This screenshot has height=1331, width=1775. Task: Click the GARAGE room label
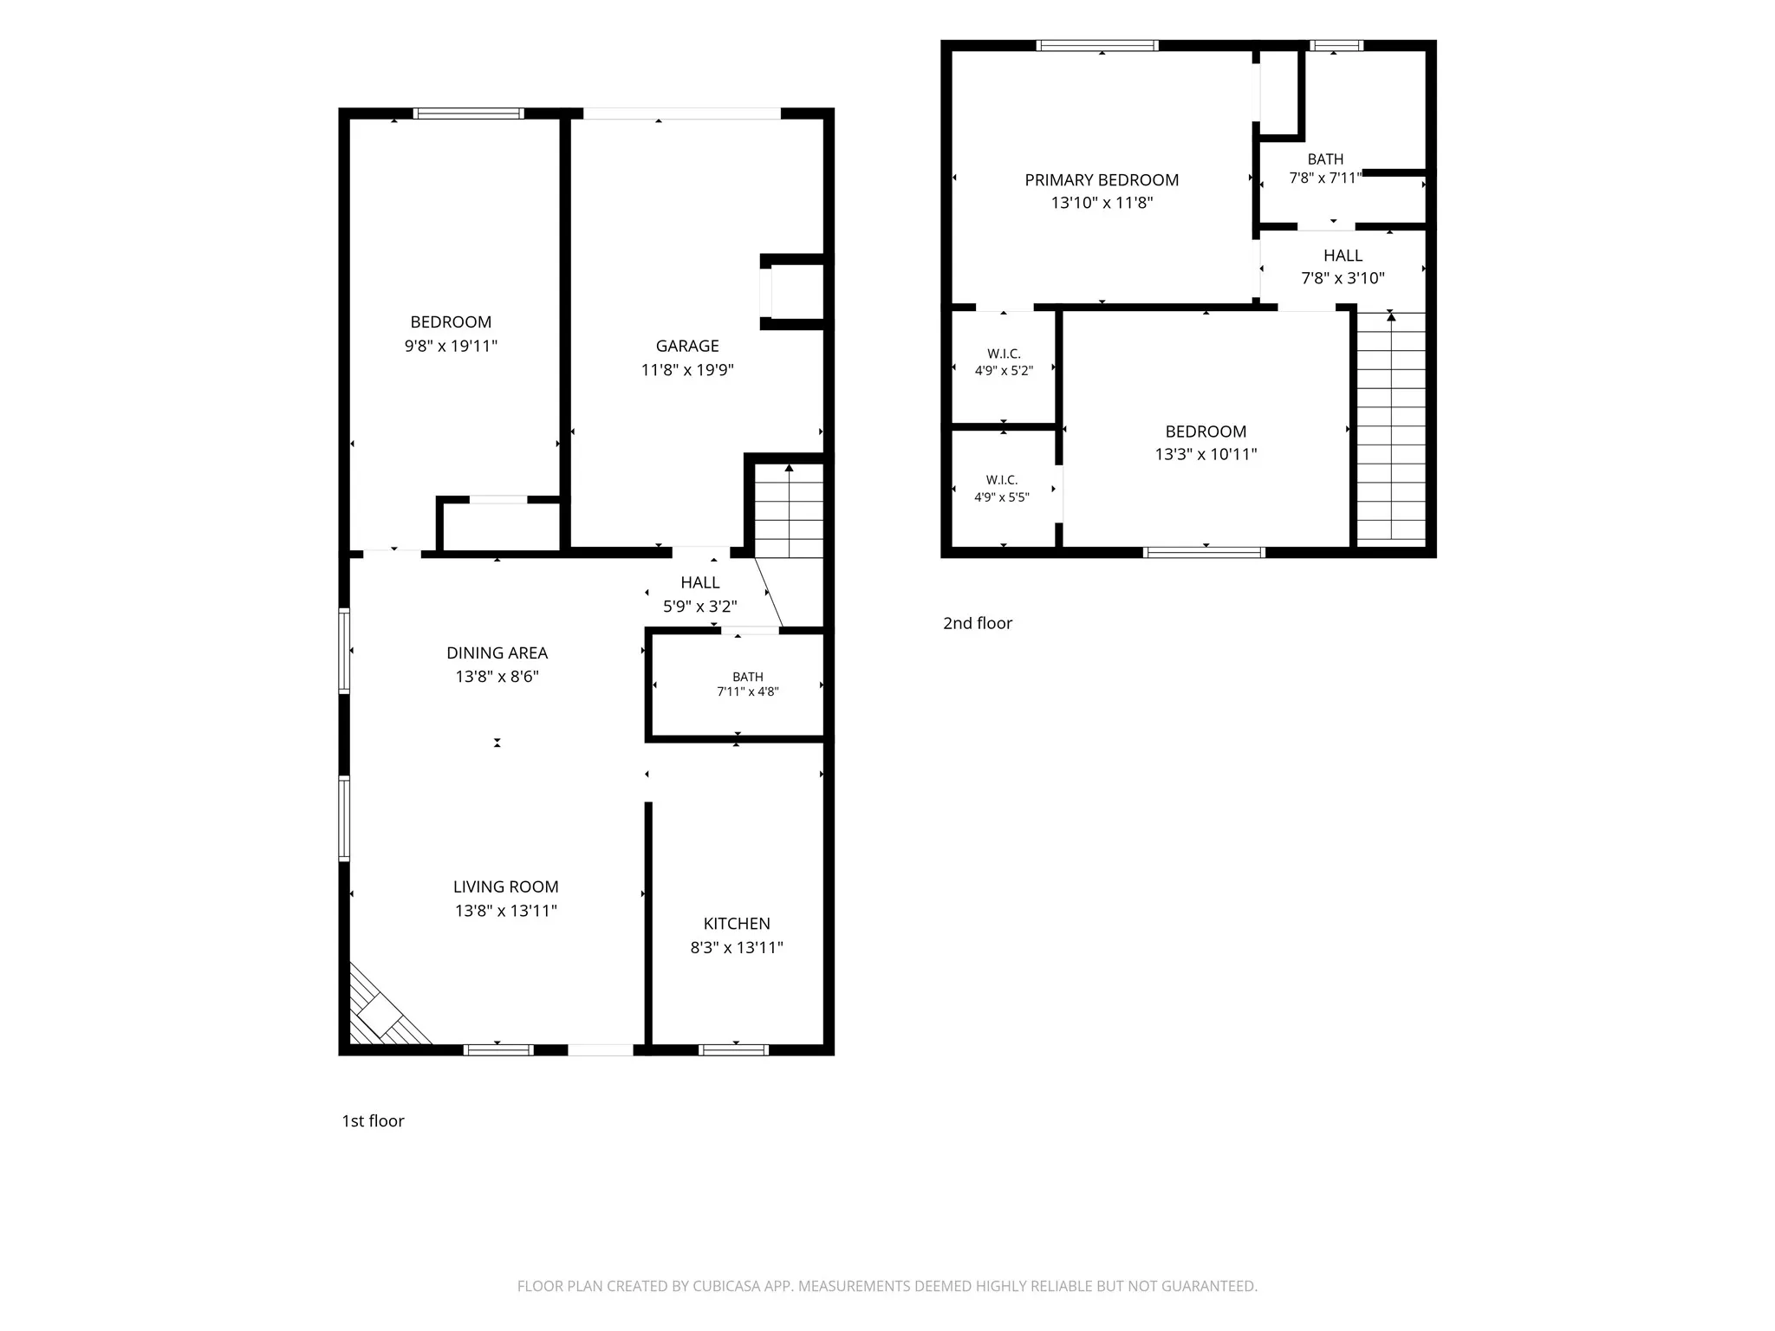(x=687, y=346)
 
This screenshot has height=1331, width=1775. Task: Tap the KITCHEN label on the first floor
(x=737, y=924)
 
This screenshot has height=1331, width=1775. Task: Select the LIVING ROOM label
(x=506, y=886)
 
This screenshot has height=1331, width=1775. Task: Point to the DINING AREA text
(x=497, y=653)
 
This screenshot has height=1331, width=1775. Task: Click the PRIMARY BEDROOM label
(x=1102, y=180)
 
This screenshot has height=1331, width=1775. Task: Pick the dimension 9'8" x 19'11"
(x=451, y=346)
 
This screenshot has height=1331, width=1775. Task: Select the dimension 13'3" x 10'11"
(x=1206, y=454)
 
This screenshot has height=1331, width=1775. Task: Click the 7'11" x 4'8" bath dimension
(x=748, y=691)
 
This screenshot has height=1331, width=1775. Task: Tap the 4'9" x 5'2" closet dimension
(x=1004, y=371)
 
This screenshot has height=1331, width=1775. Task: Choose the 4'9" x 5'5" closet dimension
(x=1002, y=497)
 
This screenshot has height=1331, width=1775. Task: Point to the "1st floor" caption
(x=373, y=1120)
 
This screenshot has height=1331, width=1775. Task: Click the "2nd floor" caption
(x=978, y=623)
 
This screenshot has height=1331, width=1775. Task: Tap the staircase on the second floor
(x=1391, y=427)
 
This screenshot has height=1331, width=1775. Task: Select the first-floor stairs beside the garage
(x=789, y=510)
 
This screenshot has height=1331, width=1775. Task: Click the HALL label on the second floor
(x=1343, y=256)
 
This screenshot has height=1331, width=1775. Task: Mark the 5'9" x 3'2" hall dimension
(x=700, y=607)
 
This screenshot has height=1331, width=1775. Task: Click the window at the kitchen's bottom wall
(x=734, y=1049)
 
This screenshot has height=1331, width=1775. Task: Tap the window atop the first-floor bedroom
(x=468, y=114)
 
